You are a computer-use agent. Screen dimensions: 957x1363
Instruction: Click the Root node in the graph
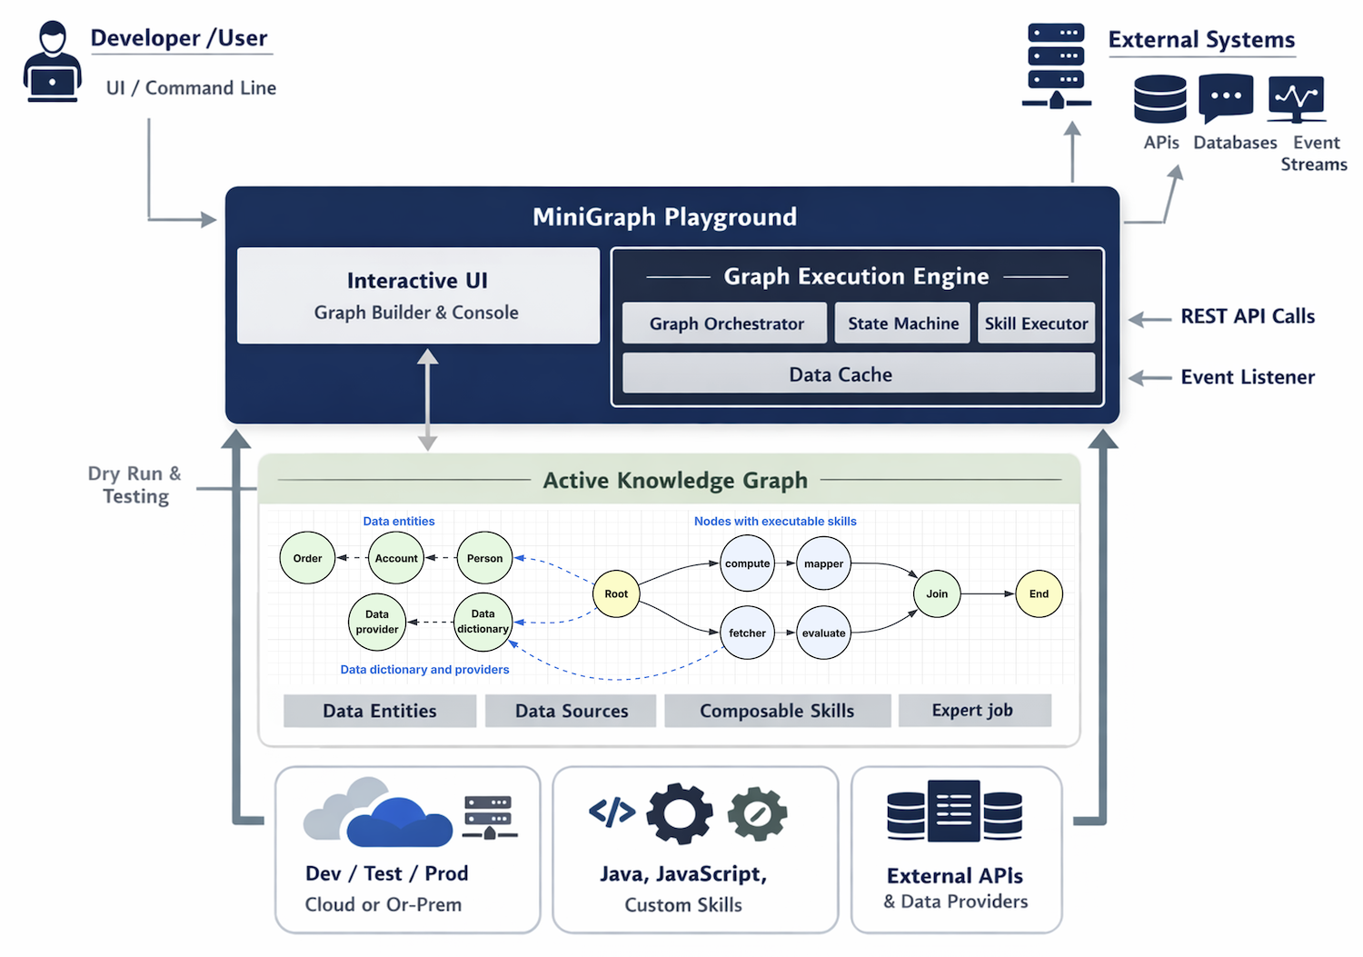click(616, 593)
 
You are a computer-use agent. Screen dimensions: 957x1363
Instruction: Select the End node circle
click(1039, 593)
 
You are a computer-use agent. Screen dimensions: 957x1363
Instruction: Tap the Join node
click(937, 593)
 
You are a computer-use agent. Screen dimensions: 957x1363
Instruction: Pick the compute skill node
click(747, 563)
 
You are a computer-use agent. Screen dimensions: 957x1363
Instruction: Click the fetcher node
click(747, 633)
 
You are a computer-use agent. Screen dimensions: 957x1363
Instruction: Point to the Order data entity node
click(307, 558)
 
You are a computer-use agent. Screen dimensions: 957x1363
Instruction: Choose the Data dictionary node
click(483, 622)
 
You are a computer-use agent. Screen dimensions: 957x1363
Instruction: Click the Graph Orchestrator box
click(725, 324)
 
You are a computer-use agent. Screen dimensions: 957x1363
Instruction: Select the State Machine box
click(902, 324)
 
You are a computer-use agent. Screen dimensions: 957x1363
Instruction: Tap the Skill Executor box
click(1036, 324)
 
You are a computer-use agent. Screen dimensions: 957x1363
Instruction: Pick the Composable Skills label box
click(777, 711)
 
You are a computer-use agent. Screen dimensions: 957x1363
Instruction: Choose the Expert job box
click(974, 710)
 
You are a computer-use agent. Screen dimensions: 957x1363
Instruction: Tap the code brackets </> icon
click(612, 811)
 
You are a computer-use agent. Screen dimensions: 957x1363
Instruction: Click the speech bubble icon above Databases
click(1226, 96)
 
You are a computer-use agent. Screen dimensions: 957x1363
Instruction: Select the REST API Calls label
click(1248, 316)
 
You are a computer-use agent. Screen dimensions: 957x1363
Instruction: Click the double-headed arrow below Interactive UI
click(427, 400)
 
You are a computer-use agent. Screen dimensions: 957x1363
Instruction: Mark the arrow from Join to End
click(988, 593)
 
